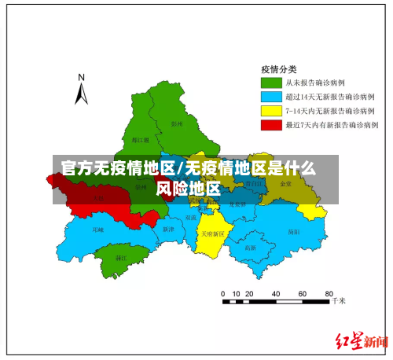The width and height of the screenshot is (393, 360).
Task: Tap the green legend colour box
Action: coord(272,82)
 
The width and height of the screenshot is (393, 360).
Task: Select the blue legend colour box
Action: coord(272,96)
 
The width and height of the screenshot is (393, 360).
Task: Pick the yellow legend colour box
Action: coord(272,110)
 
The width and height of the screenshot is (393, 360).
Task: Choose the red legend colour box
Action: coord(272,124)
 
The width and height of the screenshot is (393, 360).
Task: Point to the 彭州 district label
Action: coord(177,123)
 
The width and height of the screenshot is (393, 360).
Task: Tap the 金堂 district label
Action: coord(285,183)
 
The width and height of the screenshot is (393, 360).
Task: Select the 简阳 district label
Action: coord(293,232)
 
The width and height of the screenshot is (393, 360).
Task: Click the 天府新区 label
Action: coord(211,233)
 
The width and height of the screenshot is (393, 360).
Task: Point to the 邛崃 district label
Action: coord(97,230)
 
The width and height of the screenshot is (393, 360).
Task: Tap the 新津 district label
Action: coord(167,229)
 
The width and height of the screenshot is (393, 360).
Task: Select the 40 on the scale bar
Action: coord(277,292)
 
